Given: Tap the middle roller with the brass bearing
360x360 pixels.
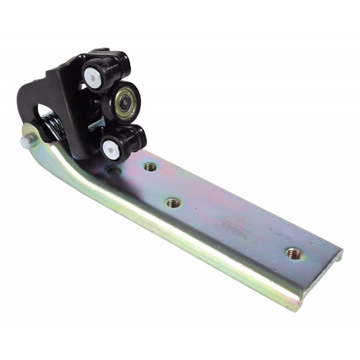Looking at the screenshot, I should (x=122, y=102).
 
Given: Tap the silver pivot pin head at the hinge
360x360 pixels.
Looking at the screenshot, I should (x=26, y=142).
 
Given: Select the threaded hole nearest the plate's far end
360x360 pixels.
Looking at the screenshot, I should (x=293, y=253).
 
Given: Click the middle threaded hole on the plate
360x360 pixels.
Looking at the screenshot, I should (x=173, y=203).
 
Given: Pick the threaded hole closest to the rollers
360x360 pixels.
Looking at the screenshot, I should (x=150, y=166).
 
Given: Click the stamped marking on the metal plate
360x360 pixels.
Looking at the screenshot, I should (x=230, y=221).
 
